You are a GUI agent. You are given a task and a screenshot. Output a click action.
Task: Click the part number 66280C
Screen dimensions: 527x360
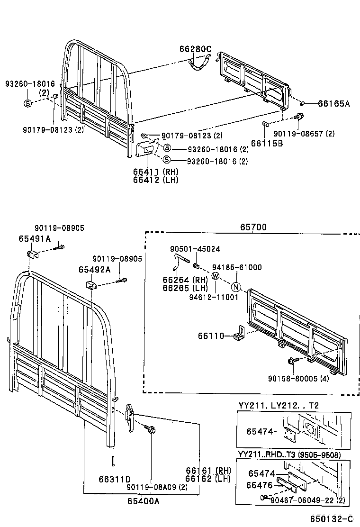click(x=195, y=48)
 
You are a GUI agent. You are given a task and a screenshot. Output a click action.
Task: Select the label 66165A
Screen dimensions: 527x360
click(x=333, y=103)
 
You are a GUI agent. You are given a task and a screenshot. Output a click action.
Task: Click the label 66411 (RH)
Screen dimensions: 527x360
click(x=148, y=172)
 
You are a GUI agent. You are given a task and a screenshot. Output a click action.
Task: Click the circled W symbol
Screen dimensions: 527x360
click(x=216, y=276)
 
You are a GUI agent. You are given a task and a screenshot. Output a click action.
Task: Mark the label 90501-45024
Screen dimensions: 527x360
click(x=195, y=249)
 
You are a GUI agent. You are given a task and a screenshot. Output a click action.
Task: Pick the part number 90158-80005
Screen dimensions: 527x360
click(x=309, y=379)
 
